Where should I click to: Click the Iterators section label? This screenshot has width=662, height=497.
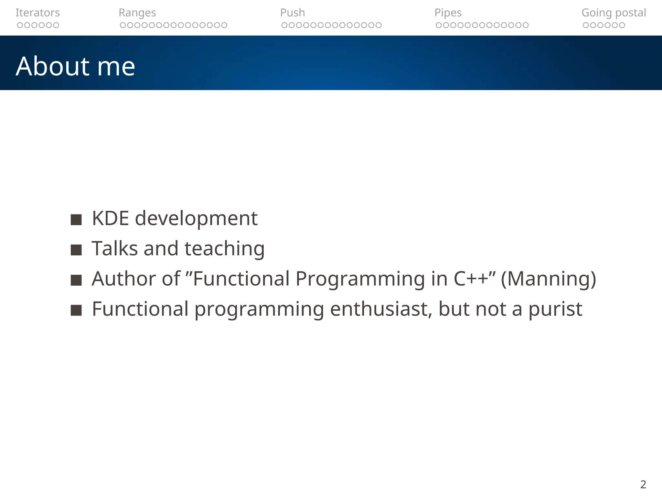point(37,13)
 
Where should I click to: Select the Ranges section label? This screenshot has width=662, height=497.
point(137,13)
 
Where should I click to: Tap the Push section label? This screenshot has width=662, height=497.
point(292,13)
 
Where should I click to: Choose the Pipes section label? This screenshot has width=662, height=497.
point(448,13)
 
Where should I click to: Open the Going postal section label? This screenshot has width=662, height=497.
point(614,13)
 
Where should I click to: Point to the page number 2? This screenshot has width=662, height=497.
point(643,484)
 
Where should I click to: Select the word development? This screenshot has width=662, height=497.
point(196,219)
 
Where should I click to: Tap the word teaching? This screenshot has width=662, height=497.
point(224,249)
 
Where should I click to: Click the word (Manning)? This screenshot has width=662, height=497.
point(548,279)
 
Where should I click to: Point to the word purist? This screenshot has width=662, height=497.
point(555,309)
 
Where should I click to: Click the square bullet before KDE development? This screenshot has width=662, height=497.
point(76,220)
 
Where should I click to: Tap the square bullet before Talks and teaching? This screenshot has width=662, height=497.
point(76,250)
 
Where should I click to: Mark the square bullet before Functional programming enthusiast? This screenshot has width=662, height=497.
point(76,310)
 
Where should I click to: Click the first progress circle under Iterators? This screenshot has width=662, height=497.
point(20,25)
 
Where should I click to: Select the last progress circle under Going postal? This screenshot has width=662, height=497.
point(622,25)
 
